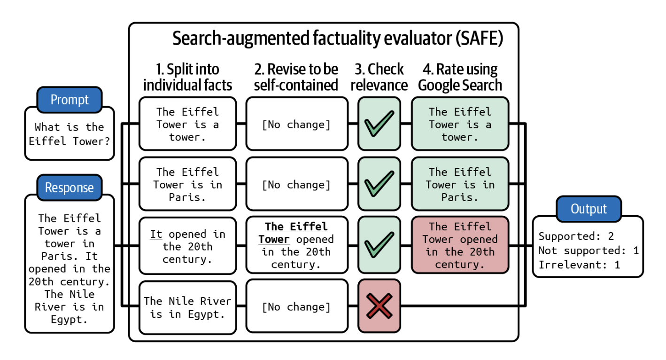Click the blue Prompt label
(x=70, y=100)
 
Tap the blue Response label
(x=70, y=188)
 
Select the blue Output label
(x=589, y=209)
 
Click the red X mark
(x=379, y=306)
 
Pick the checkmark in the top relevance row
(x=379, y=124)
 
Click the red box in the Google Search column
(x=460, y=245)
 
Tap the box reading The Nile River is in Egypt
(x=187, y=307)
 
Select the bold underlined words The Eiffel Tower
(x=296, y=233)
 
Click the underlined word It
(x=156, y=234)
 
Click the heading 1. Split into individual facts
(x=187, y=77)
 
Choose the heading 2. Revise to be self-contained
(x=296, y=77)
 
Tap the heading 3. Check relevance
(x=379, y=77)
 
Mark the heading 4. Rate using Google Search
(x=460, y=77)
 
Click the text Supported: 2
(x=576, y=236)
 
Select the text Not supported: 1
(x=588, y=250)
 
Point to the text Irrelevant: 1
(x=579, y=265)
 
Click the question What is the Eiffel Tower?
(x=70, y=134)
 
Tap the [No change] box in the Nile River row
(x=296, y=307)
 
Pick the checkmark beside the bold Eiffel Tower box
(x=379, y=245)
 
